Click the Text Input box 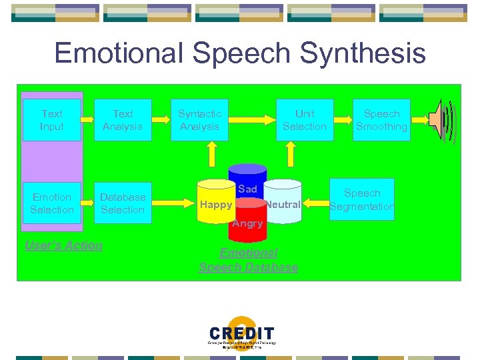[51, 120]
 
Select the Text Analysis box [123, 120]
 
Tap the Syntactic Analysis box [199, 120]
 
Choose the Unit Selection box [305, 120]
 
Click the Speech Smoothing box [381, 120]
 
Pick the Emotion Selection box [51, 203]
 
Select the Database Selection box [123, 203]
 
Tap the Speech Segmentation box [362, 199]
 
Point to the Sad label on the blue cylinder [247, 189]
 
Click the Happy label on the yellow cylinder [216, 205]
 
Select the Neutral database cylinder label [284, 205]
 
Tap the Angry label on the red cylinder [247, 223]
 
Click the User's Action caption [63, 245]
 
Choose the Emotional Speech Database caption [248, 260]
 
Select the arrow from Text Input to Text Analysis [87, 120]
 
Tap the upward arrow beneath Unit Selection [290, 155]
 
